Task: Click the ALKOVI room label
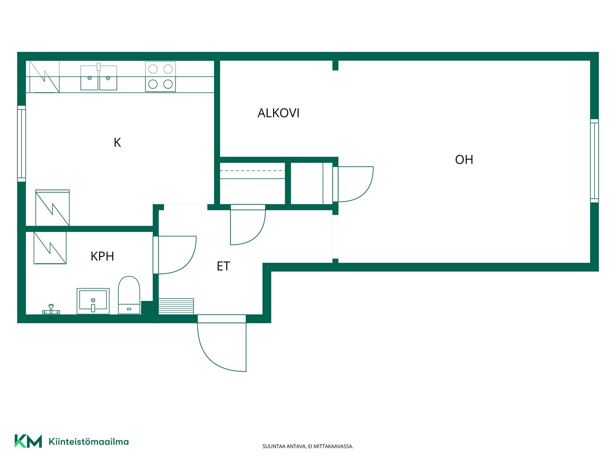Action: [278, 113]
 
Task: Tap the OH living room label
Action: [464, 160]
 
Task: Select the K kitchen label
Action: [117, 142]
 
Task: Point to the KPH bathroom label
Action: [102, 256]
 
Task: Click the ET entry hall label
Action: [223, 266]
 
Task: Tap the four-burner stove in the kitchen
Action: [160, 77]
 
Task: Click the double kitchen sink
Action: [99, 77]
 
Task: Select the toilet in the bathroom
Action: [129, 295]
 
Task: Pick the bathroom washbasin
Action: [93, 301]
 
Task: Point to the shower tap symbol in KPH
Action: [51, 309]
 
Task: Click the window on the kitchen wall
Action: [21, 144]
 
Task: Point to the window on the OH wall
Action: [595, 161]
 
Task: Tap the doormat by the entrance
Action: [176, 306]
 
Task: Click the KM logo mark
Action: [28, 441]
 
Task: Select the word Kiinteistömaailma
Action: [89, 441]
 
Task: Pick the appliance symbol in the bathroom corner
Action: [50, 248]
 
